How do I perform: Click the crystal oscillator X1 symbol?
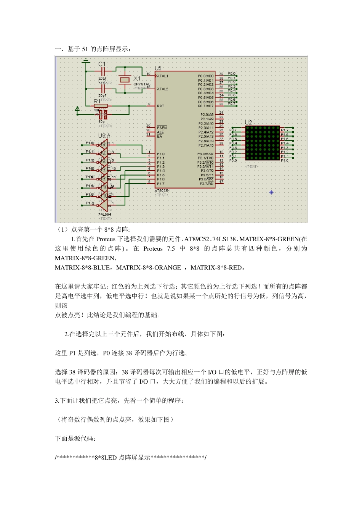click(125, 79)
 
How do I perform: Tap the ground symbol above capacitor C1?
click(86, 60)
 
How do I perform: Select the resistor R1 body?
click(101, 106)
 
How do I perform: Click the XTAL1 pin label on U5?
click(162, 76)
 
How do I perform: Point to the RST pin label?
click(160, 106)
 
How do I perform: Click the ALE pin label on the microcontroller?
click(160, 132)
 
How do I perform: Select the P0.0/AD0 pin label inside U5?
click(206, 76)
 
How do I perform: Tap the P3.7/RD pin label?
click(207, 184)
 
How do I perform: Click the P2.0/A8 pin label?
click(207, 115)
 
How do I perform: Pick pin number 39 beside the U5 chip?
click(221, 74)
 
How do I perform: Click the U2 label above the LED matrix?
click(248, 123)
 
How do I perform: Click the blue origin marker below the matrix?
click(271, 192)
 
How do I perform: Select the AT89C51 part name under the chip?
click(162, 190)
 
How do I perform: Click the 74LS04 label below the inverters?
click(105, 215)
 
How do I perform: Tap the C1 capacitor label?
click(102, 64)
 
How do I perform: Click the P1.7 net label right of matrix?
click(285, 130)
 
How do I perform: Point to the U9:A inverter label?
click(104, 136)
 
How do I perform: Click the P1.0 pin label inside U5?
click(161, 154)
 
